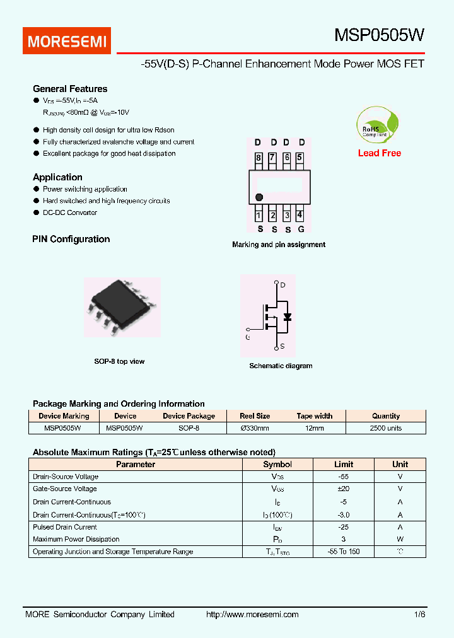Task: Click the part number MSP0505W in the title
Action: click(x=379, y=36)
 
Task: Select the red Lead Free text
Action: click(x=379, y=153)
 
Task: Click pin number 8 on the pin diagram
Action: click(x=259, y=158)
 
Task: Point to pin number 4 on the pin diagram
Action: click(x=300, y=215)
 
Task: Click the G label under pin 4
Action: click(x=301, y=229)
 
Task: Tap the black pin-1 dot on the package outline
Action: click(x=259, y=197)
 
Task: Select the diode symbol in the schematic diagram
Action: click(x=288, y=316)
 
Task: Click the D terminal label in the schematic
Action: click(x=282, y=286)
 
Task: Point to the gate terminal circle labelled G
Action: click(x=248, y=329)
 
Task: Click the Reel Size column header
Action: click(x=255, y=416)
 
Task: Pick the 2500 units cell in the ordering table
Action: click(x=385, y=428)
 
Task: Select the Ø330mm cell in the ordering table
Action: click(x=255, y=428)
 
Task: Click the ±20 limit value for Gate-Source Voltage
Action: click(x=343, y=489)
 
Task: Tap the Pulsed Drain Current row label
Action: click(x=65, y=527)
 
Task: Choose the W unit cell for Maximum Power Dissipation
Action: click(x=400, y=539)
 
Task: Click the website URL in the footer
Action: click(x=252, y=614)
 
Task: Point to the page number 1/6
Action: click(x=420, y=614)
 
